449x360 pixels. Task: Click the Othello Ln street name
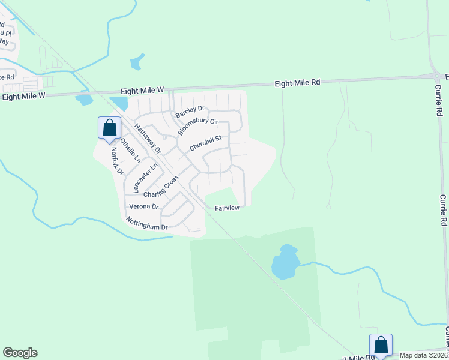coord(130,151)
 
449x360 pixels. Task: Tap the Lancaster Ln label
coord(145,178)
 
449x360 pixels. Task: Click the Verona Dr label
coord(143,206)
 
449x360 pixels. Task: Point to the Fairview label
coord(228,208)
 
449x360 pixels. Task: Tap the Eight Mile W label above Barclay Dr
coord(142,90)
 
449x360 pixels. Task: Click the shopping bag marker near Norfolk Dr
coord(109,128)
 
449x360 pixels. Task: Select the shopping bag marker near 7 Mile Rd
coord(381,345)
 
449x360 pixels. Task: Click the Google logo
coord(20,353)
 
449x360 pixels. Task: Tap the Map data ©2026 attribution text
coord(423,355)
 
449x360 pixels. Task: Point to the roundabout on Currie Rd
coord(436,76)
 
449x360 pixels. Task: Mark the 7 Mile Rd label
coord(359,357)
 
